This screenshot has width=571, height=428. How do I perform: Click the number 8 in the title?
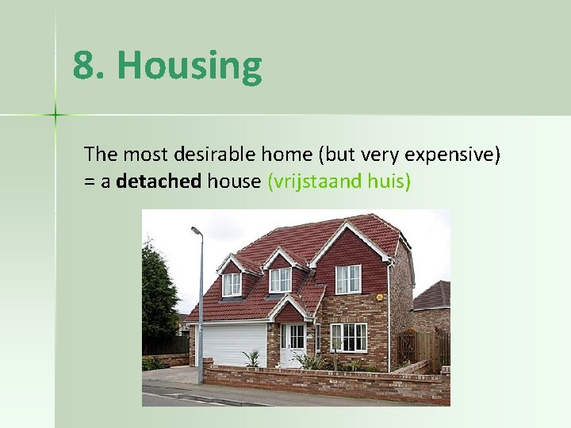click(x=83, y=67)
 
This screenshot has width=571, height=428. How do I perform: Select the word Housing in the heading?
click(x=189, y=67)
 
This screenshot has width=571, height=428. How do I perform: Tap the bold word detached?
click(x=159, y=182)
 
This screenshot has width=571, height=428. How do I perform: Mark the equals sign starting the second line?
click(x=89, y=182)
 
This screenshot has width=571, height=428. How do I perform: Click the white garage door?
click(x=234, y=343)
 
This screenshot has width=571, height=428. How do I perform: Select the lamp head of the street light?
click(x=196, y=231)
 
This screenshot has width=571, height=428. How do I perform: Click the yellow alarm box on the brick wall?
click(x=380, y=298)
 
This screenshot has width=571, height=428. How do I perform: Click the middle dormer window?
click(x=280, y=279)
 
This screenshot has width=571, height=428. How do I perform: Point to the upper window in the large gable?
click(x=347, y=278)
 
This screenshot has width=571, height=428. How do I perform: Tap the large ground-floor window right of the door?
click(x=348, y=337)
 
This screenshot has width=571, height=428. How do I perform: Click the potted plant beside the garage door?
click(x=252, y=359)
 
